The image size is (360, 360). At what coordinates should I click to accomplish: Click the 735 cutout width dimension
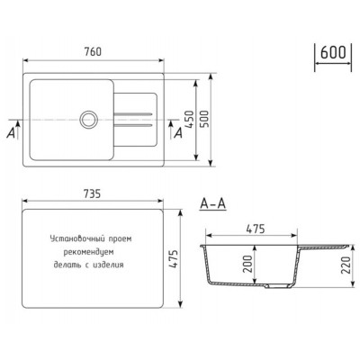tap(92, 194)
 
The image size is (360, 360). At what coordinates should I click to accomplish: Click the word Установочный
tap(70, 241)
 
